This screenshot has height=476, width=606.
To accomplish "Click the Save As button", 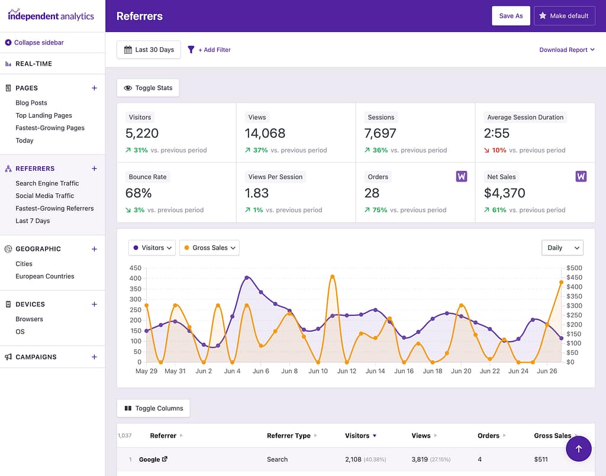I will (x=511, y=16).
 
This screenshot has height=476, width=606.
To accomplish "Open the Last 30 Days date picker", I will (x=149, y=50).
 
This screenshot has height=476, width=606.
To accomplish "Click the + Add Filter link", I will (x=209, y=50).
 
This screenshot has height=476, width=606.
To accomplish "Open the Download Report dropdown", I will (x=566, y=50).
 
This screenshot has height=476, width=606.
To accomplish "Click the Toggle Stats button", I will (x=148, y=88).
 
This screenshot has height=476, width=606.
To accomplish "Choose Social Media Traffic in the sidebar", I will (x=45, y=196).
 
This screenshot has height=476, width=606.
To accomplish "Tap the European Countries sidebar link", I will (x=45, y=276).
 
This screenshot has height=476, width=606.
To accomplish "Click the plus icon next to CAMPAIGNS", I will (x=94, y=357).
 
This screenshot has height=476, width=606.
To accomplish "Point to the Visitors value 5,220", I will (x=142, y=134).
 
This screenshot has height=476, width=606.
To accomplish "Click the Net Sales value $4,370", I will (x=504, y=193).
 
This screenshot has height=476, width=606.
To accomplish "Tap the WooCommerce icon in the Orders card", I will (x=462, y=176).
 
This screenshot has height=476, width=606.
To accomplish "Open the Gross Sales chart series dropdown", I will (x=209, y=248).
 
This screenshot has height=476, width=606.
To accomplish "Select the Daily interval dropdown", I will (x=562, y=248).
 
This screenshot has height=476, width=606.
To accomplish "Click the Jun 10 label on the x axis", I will (x=318, y=371).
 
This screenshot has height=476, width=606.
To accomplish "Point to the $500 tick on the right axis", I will (x=574, y=268).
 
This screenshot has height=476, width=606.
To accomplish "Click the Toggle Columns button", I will (x=153, y=409).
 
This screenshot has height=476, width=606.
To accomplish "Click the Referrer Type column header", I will (x=289, y=436).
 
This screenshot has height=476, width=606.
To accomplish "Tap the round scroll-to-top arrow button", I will (x=578, y=449).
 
